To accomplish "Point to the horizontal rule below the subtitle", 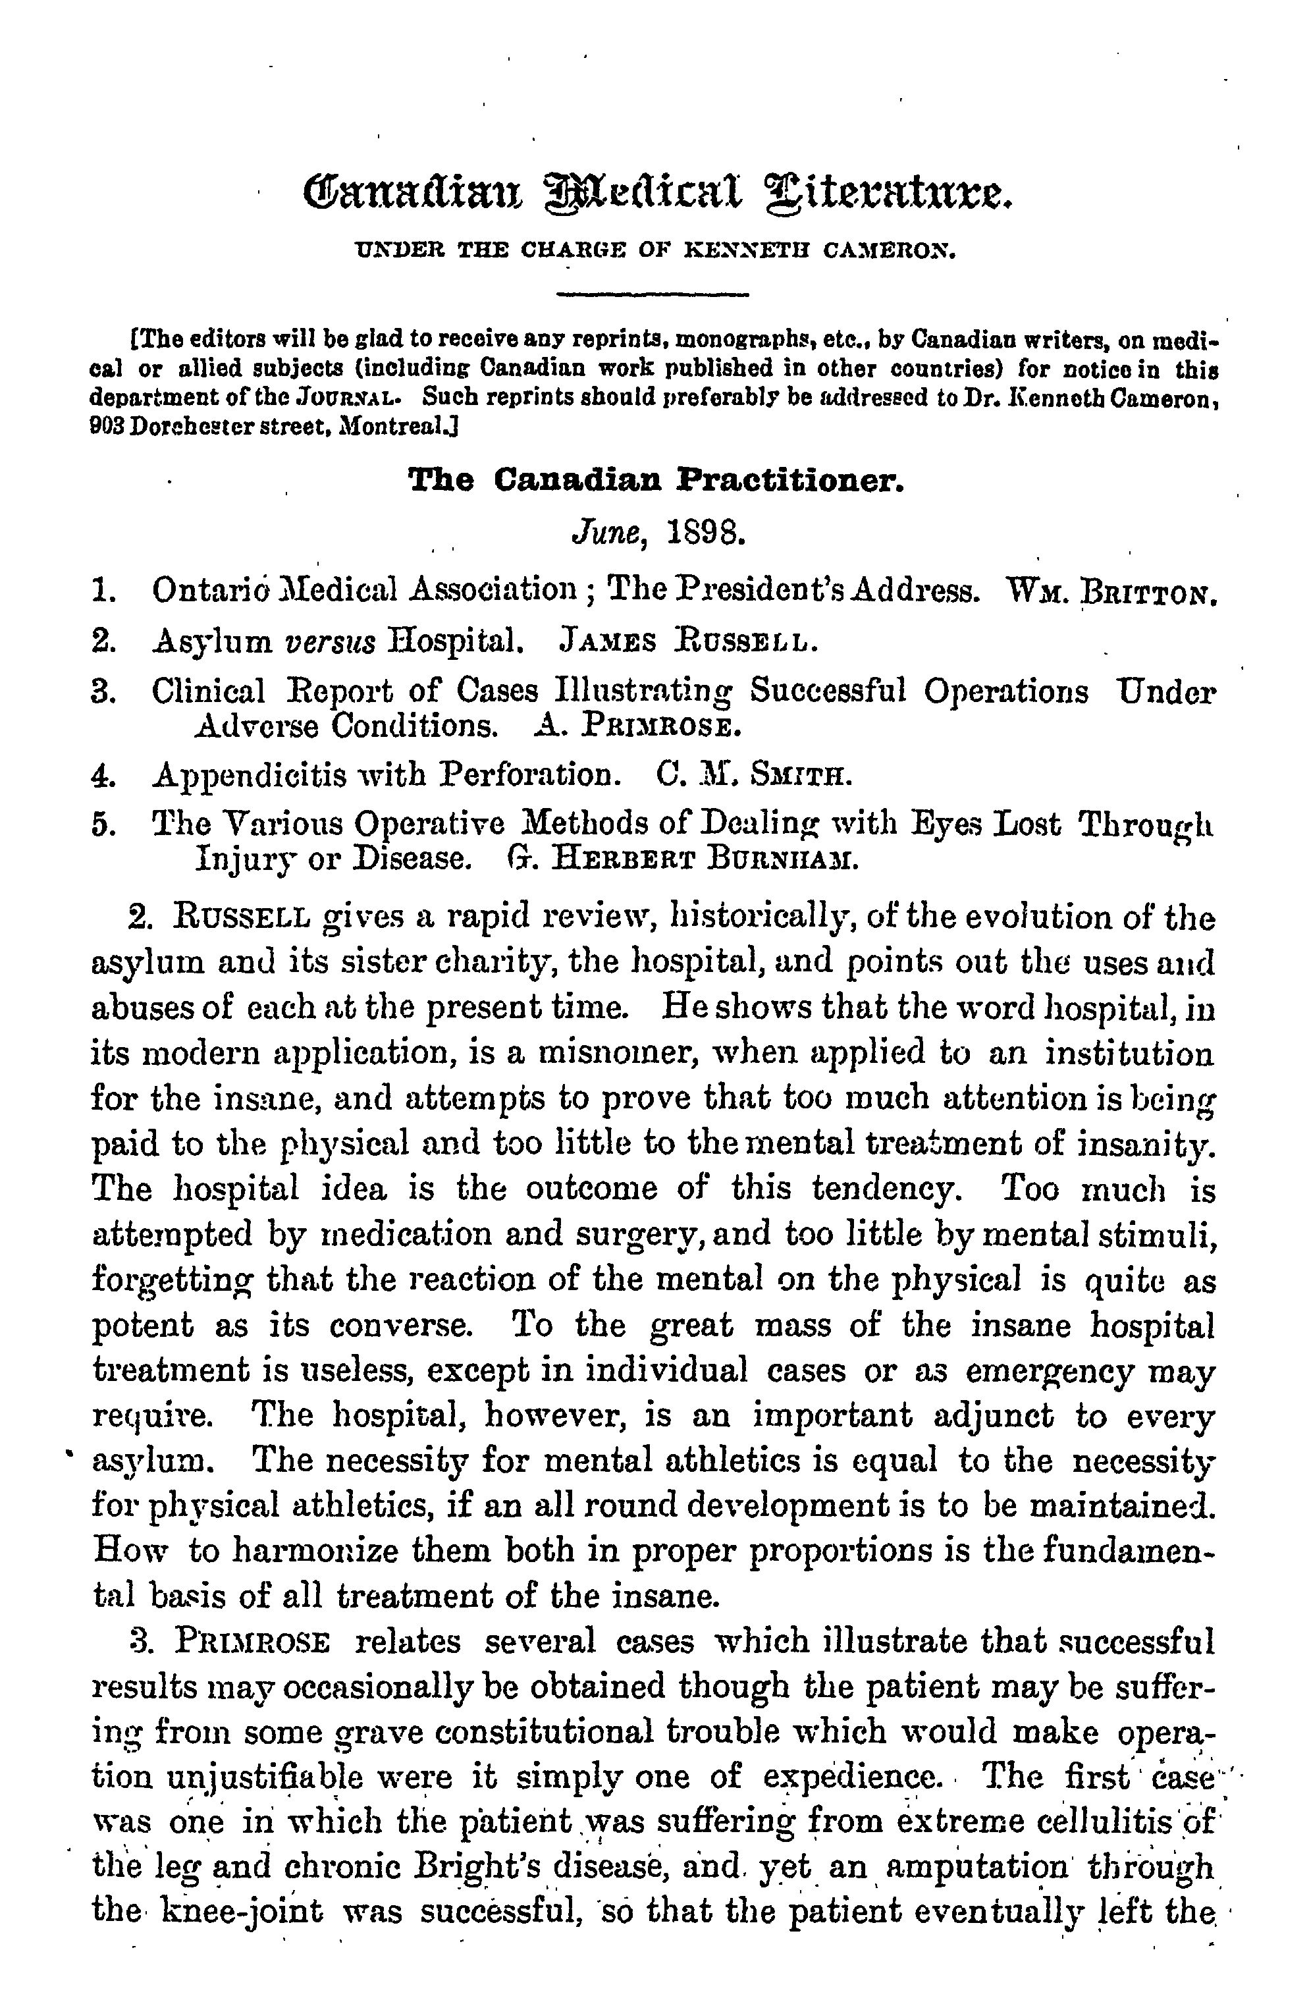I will [x=653, y=294].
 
